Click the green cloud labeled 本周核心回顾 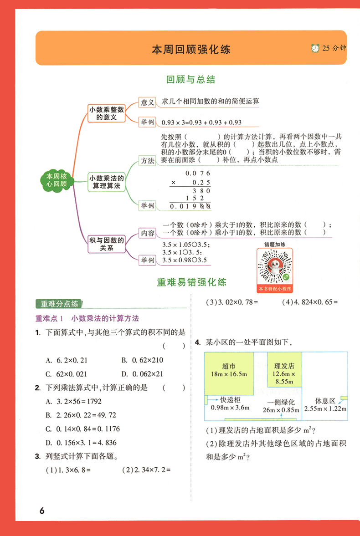(57, 180)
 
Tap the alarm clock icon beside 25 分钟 (315, 48)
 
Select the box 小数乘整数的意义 (107, 113)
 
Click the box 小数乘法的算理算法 (107, 182)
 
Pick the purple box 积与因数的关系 (107, 244)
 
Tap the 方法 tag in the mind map (148, 161)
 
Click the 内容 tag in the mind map (148, 233)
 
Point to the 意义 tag (148, 102)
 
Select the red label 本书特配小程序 (275, 289)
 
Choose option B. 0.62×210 (142, 360)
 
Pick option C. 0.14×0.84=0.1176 (83, 429)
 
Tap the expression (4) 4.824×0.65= (310, 302)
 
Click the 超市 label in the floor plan (229, 366)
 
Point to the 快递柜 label (230, 399)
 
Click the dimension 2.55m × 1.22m (325, 408)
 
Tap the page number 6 (42, 510)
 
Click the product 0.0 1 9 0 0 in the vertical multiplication (190, 206)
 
